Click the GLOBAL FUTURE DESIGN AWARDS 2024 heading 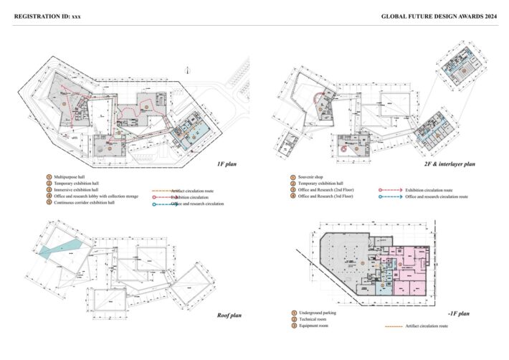438,15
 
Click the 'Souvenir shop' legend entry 313,176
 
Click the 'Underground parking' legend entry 318,313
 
